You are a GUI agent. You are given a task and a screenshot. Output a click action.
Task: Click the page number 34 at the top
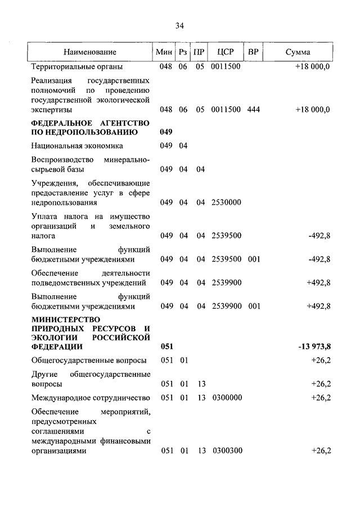(180, 25)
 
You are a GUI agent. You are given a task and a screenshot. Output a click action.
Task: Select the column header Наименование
(90, 52)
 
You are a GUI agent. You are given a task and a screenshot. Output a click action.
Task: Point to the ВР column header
(253, 52)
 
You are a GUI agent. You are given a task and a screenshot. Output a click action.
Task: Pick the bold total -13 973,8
(314, 346)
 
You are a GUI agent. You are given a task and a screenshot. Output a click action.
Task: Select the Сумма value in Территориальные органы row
(312, 66)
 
